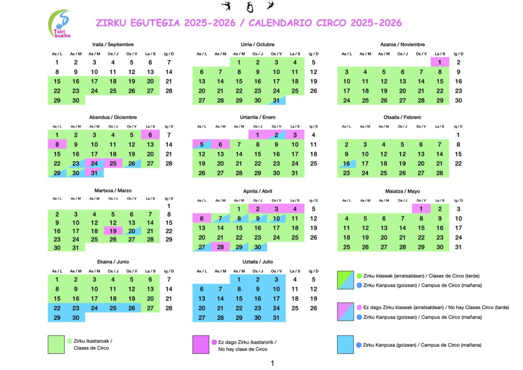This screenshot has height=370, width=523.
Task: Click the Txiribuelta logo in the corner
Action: click(59, 24)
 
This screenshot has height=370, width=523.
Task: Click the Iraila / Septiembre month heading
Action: click(113, 44)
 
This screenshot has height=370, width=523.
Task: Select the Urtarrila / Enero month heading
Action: click(257, 118)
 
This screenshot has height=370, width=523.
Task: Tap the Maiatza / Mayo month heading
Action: click(402, 191)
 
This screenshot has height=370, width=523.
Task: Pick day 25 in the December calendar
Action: click(113, 163)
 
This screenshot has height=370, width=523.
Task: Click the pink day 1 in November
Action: click(440, 62)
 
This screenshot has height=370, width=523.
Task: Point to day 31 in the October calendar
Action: click(276, 100)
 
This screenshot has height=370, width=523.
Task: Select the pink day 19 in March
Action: click(113, 231)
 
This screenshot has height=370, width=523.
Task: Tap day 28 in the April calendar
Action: click(220, 247)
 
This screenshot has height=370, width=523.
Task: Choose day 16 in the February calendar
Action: click(346, 164)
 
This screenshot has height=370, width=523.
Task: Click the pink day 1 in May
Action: click(421, 209)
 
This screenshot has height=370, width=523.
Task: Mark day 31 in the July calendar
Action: click(276, 318)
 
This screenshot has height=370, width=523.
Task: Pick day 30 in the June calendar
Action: click(76, 318)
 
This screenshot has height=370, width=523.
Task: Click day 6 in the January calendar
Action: click(220, 144)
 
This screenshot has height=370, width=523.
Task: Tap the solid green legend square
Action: click(56, 344)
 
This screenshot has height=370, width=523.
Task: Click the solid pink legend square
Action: click(201, 344)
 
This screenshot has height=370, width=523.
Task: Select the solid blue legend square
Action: click(346, 344)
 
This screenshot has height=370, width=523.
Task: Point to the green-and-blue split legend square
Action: click(346, 280)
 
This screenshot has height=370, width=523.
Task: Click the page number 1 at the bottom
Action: click(272, 364)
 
